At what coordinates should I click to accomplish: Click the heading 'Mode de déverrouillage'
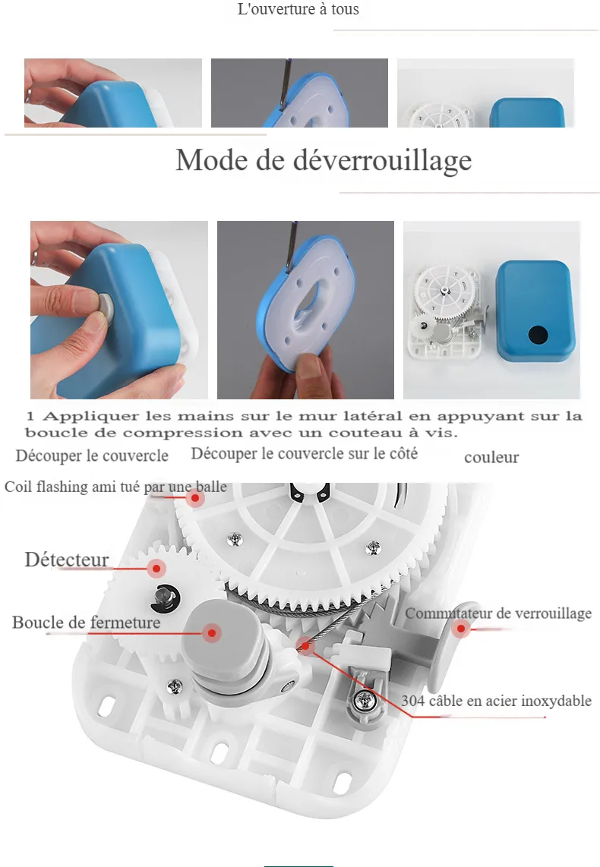324,160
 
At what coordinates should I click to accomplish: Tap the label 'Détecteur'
67,560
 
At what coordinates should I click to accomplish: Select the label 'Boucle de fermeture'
87,623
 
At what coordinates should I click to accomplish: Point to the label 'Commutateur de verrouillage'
498,613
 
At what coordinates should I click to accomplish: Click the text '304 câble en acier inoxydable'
496,701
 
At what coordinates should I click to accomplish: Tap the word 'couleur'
491,457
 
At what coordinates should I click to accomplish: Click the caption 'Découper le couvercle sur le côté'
304,453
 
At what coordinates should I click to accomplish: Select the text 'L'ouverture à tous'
298,9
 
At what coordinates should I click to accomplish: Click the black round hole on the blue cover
538,335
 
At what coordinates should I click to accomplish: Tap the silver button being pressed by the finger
105,306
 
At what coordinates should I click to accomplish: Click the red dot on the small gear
157,568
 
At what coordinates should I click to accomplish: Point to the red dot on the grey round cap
212,632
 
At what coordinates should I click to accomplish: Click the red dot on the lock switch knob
461,628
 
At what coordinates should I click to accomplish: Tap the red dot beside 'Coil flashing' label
195,497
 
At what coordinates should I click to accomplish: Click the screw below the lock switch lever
365,701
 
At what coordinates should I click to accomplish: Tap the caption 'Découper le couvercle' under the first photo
92,456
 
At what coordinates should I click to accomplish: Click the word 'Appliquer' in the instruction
91,416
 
